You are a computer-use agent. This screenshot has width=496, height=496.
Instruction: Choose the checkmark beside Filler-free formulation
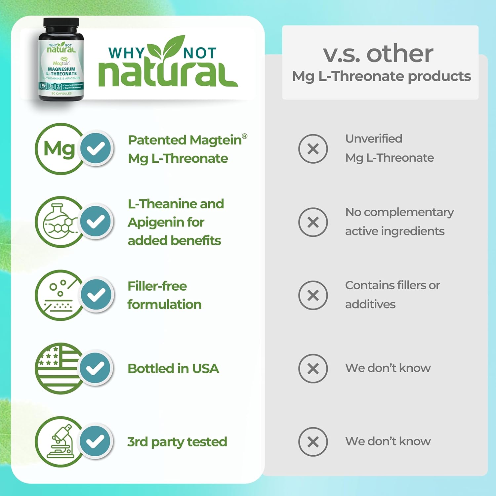(x=96, y=295)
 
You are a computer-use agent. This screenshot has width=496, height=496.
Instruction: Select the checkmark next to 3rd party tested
(x=96, y=441)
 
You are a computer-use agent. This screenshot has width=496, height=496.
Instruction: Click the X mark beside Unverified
(x=313, y=149)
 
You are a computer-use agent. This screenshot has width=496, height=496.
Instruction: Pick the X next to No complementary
(x=313, y=222)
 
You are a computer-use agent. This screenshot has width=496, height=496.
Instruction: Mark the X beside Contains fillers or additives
(x=313, y=295)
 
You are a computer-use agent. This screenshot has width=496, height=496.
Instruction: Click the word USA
(x=205, y=368)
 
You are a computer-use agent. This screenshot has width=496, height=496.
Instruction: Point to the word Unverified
(x=374, y=139)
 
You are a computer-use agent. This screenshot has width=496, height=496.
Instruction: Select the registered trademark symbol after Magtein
(x=245, y=136)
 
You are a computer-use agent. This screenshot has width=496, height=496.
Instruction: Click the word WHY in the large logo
(x=126, y=53)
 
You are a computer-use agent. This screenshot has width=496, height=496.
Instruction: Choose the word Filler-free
(x=157, y=286)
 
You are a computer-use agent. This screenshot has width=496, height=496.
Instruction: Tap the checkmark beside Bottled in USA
(x=96, y=368)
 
